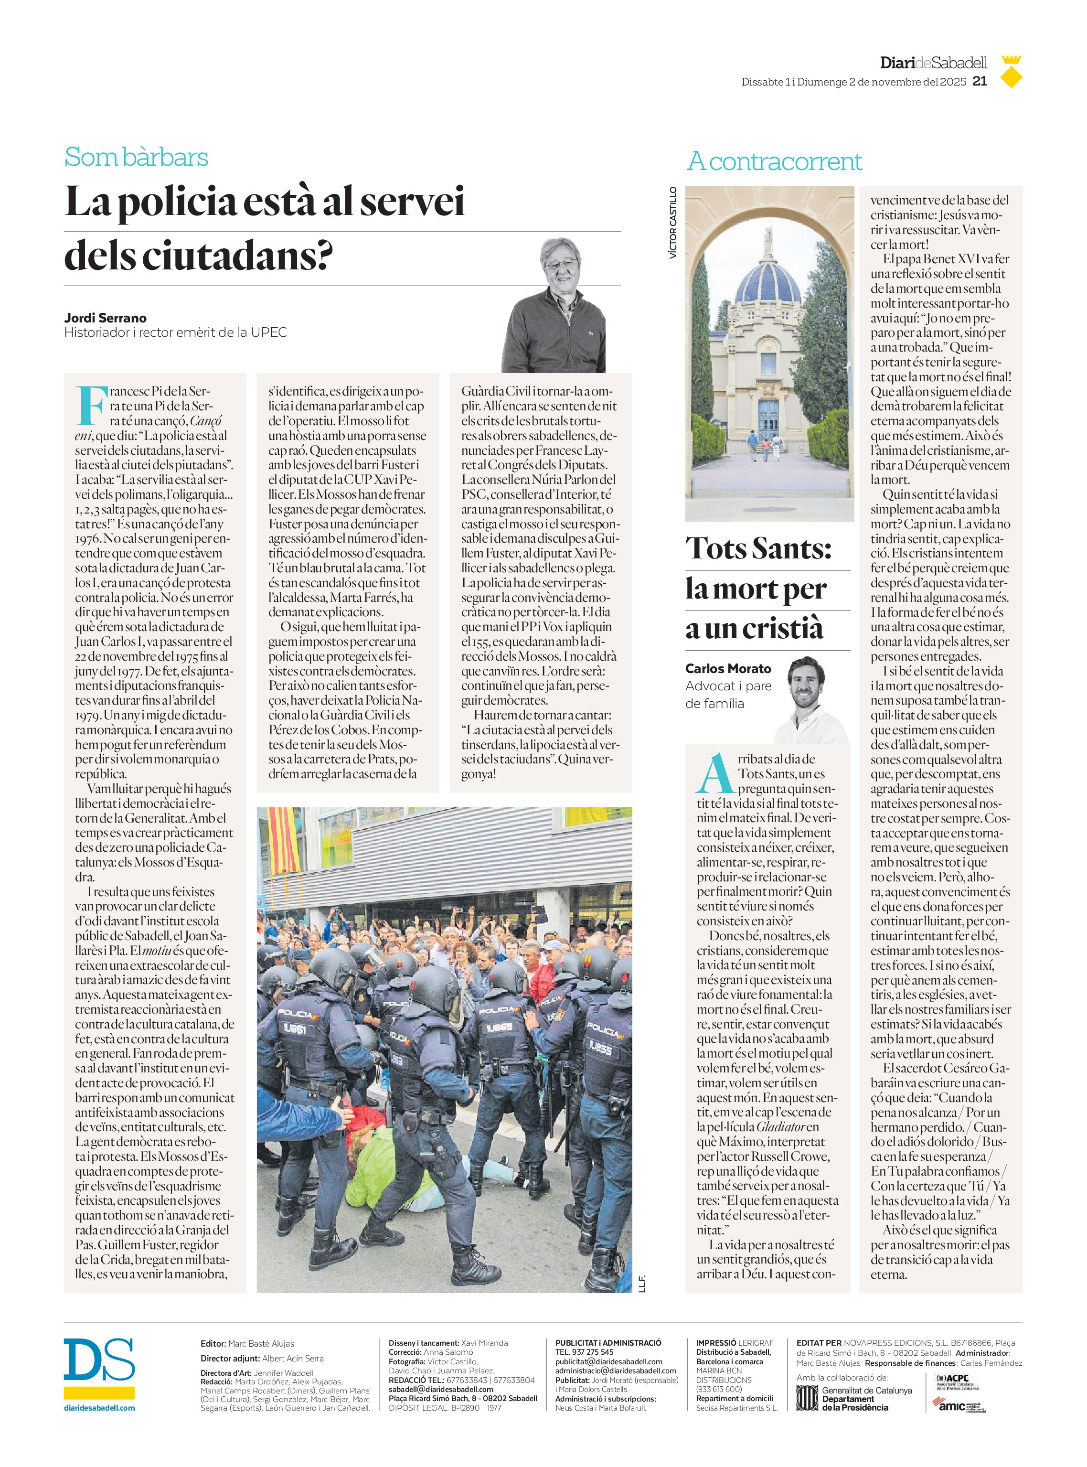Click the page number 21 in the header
(979, 82)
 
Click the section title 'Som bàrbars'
(136, 157)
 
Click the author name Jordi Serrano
(105, 318)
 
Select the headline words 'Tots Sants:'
(758, 547)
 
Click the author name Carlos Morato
(728, 669)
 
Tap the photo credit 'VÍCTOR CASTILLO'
(672, 223)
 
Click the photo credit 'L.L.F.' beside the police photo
(642, 1284)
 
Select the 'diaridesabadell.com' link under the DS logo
(99, 1408)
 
